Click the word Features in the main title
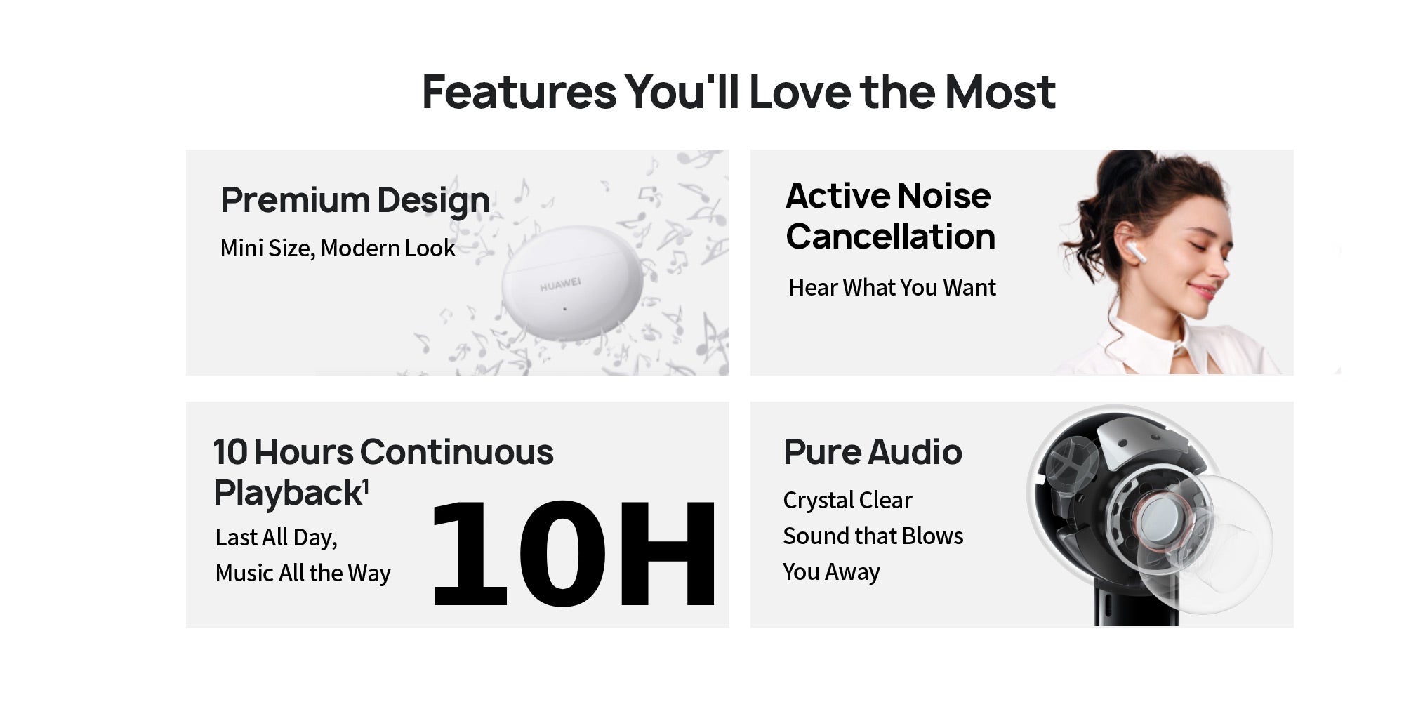[519, 92]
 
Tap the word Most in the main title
[1000, 92]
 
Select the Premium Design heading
[355, 200]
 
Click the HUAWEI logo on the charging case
[560, 284]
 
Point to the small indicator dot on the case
[564, 308]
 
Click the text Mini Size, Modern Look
[338, 248]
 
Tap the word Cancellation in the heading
[891, 237]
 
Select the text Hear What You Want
[892, 287]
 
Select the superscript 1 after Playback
[366, 486]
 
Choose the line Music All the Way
[303, 573]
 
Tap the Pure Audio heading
[873, 451]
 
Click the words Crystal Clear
[847, 500]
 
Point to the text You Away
[831, 571]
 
